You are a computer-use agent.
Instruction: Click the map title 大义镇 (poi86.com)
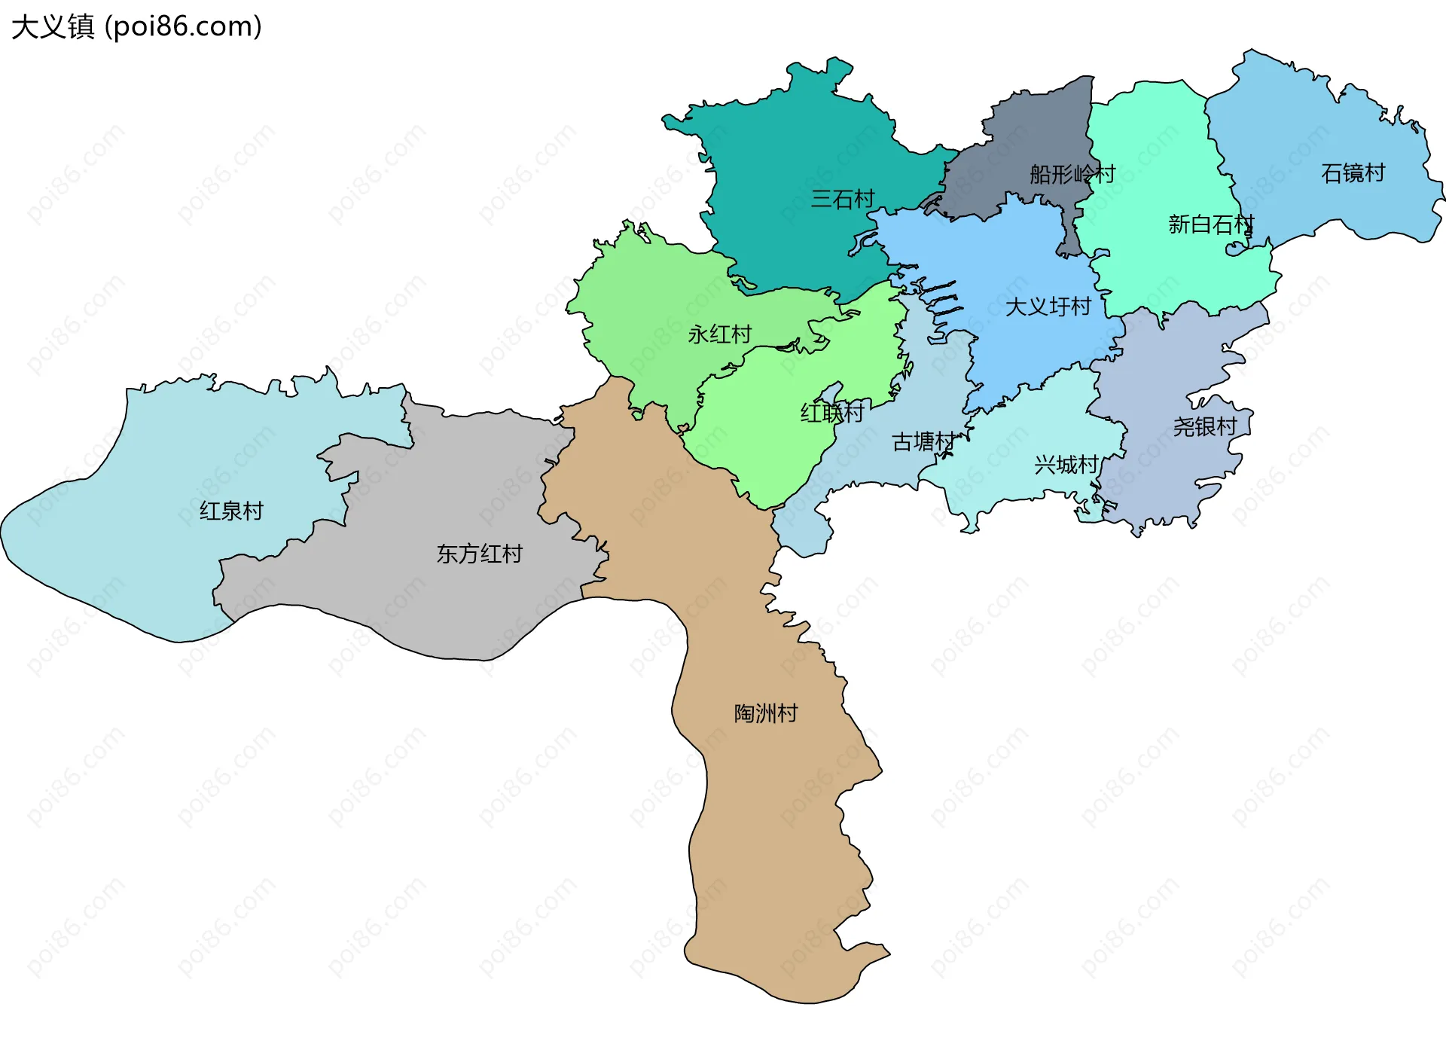point(136,26)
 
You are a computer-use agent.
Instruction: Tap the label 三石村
point(842,199)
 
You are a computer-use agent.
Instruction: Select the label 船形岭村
point(1072,174)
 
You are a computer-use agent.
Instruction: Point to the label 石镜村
point(1353,172)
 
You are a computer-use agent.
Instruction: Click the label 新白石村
point(1210,224)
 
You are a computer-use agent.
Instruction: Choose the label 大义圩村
point(1048,307)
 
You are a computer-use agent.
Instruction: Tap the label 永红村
point(719,334)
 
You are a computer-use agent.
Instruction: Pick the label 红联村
point(831,412)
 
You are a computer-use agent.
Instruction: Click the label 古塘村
point(923,441)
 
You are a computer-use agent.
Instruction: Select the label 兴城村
point(1066,464)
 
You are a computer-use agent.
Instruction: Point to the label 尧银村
point(1204,426)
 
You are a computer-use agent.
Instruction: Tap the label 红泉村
point(231,511)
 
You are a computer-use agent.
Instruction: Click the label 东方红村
point(479,554)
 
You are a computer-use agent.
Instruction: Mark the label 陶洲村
point(766,713)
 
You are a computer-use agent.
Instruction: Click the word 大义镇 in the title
point(53,26)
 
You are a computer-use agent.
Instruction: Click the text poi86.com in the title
point(183,26)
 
